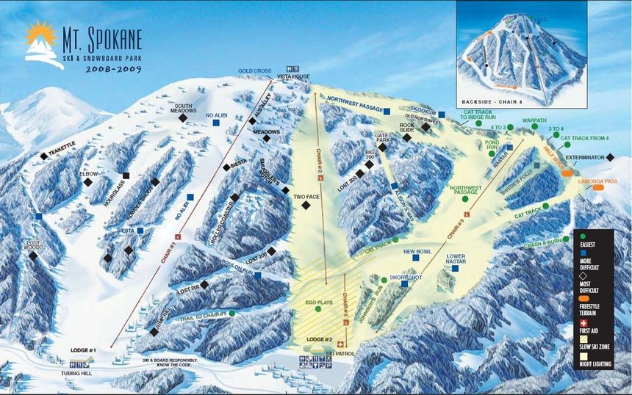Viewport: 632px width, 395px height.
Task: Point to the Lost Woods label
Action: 33,245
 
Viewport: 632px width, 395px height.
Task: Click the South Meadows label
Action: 182,108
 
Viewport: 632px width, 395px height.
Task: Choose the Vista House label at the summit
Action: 289,76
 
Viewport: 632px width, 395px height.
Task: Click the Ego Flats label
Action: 317,301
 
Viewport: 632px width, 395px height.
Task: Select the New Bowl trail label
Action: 417,252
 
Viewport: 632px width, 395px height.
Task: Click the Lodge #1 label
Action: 83,351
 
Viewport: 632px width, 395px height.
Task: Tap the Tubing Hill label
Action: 82,372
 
